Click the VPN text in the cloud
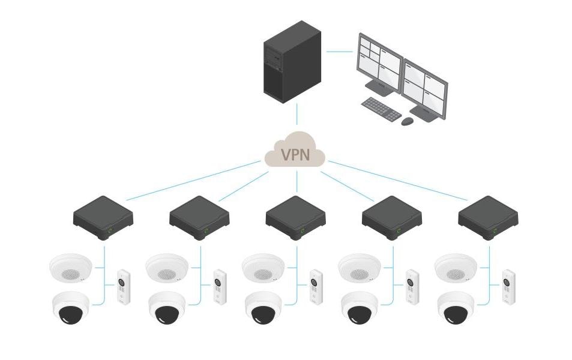(x=295, y=155)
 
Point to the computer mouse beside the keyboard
(x=408, y=121)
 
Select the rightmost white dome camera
(x=456, y=307)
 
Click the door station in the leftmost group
(x=124, y=286)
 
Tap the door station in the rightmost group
(x=509, y=286)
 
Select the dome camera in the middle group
(x=264, y=307)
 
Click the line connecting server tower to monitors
(x=339, y=52)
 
